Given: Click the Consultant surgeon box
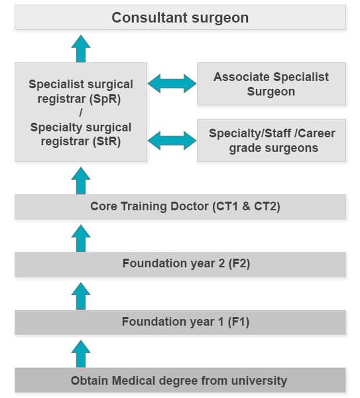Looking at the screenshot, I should (x=180, y=17).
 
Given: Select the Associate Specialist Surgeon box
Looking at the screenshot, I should (x=271, y=84).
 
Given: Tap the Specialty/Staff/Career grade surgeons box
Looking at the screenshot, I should (x=271, y=141).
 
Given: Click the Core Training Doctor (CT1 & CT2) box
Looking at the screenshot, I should (x=180, y=207).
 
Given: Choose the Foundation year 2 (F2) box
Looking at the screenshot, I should (x=180, y=264).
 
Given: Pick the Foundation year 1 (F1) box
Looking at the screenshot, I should (x=180, y=322).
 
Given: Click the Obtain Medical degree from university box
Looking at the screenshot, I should (x=180, y=381).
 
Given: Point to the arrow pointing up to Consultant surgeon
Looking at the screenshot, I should (x=81, y=48).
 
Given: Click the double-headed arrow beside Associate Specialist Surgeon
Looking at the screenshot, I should (x=172, y=84).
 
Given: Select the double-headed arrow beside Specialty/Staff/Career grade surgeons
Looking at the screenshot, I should (x=172, y=140).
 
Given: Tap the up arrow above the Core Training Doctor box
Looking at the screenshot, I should (x=81, y=180).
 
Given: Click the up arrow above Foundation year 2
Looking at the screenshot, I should (x=81, y=238).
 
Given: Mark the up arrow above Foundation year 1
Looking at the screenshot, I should (x=81, y=296).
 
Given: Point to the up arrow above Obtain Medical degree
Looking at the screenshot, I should (x=81, y=353).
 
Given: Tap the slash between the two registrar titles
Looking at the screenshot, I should (x=81, y=113).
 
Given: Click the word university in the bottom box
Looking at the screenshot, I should (x=261, y=381).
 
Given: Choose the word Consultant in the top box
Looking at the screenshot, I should (x=141, y=17).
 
